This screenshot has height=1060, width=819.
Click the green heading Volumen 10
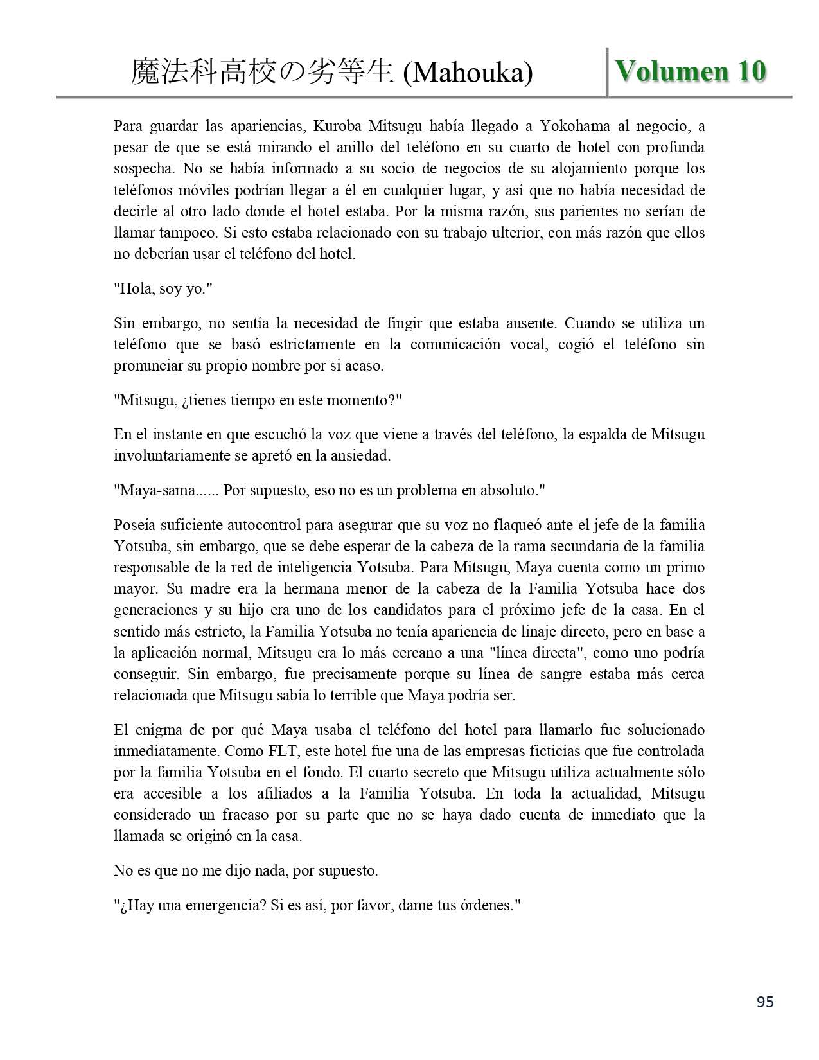pos(690,71)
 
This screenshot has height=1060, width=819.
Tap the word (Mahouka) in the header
pos(468,73)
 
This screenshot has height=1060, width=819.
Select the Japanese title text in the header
pos(262,73)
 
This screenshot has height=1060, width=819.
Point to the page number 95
pos(765,1002)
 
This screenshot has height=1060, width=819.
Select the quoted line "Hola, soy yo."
pos(163,288)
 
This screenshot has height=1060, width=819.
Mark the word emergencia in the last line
pos(220,905)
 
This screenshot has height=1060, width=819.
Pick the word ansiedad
pos(360,455)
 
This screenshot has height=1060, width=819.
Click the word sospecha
pos(143,168)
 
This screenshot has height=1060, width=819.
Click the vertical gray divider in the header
pos(607,72)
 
